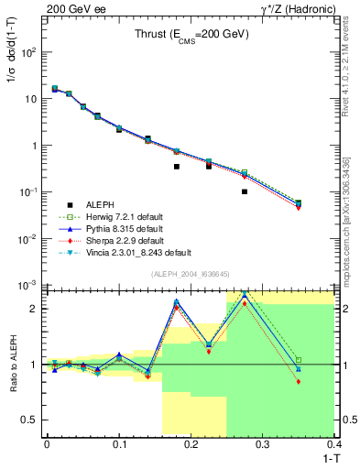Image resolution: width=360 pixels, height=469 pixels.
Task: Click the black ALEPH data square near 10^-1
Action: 245,191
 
